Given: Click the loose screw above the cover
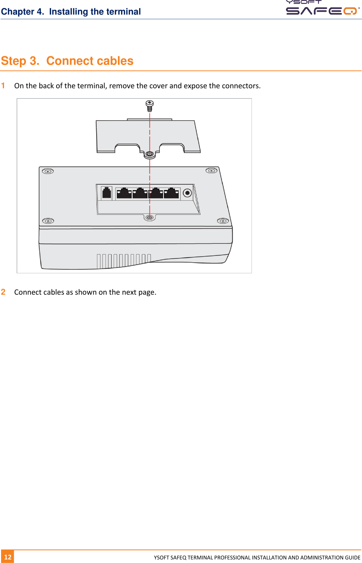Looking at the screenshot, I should [150, 105].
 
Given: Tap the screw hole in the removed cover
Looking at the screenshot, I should [150, 154].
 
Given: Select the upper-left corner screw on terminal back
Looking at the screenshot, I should [48, 172].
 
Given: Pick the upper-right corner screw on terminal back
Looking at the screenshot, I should [211, 171].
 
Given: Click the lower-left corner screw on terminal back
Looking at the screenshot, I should [48, 221].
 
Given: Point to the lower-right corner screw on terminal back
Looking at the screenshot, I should [223, 221].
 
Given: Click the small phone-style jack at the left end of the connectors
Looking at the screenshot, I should [107, 193].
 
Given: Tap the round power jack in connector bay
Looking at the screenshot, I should [187, 193].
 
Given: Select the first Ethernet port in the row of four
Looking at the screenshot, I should [124, 193].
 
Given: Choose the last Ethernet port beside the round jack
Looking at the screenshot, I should [171, 193].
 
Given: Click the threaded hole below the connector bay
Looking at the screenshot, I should [150, 217].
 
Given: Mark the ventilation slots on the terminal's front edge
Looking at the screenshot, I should [124, 260].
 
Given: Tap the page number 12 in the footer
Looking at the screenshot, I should [8, 557].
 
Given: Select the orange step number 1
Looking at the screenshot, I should [3, 85].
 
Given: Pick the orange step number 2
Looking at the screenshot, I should [3, 292].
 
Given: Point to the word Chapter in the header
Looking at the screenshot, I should [18, 12].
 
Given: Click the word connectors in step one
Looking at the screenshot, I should [241, 86].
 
